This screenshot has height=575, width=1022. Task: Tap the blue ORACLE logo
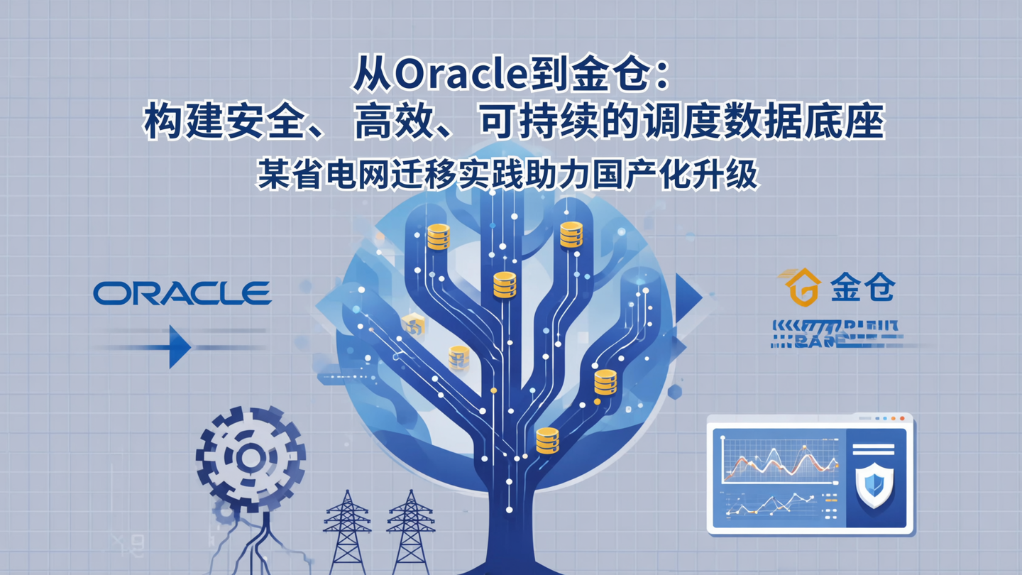pos(182,292)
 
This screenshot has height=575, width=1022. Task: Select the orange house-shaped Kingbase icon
pos(803,287)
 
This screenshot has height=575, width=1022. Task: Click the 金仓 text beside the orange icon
pos(863,288)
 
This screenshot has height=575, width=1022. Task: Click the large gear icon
pos(250,457)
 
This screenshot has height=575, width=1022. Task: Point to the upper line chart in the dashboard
pos(777,461)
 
